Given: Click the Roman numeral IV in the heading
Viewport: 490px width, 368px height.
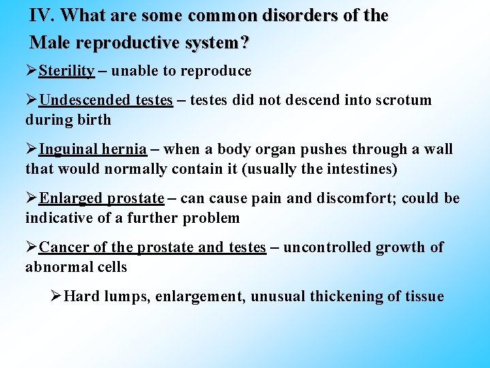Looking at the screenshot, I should (x=42, y=15).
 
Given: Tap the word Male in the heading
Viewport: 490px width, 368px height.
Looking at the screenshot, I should (x=52, y=42).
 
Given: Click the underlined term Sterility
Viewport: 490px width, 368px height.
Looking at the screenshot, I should (x=67, y=71).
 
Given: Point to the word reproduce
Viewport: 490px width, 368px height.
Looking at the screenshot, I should (x=217, y=72).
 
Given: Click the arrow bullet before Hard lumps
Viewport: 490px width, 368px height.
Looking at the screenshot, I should (x=56, y=296).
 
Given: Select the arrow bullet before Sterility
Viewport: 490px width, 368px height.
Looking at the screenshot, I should (x=32, y=71).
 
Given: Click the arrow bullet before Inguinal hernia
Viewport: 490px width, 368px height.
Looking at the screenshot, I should (x=32, y=149).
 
